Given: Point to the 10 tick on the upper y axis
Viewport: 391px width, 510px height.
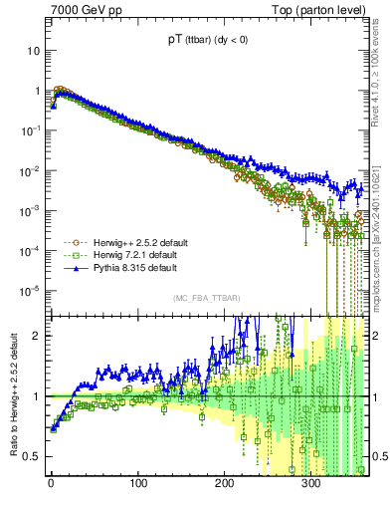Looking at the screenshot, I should click(x=34, y=50).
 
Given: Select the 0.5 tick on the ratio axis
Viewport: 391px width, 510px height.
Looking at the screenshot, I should click(x=30, y=456).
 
